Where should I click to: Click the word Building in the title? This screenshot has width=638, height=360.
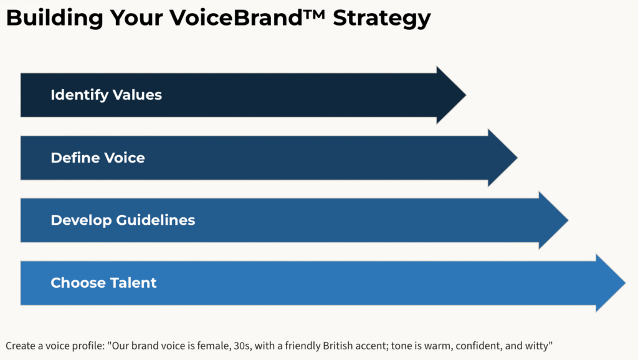click(55, 18)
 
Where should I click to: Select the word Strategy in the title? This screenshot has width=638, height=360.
click(382, 19)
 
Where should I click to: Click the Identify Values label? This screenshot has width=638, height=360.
click(106, 95)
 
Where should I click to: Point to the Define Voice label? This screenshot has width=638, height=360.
click(98, 158)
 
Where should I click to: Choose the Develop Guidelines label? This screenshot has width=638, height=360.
click(123, 220)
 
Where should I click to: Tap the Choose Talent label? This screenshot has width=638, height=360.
click(103, 283)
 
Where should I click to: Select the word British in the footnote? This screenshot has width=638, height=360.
click(338, 346)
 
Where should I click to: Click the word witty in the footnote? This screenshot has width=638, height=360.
click(539, 346)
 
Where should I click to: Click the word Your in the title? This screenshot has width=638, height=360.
click(136, 18)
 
